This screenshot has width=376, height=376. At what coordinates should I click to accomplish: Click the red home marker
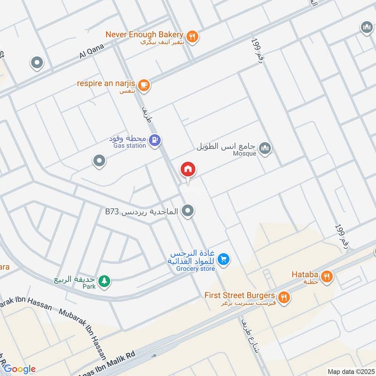[188, 169]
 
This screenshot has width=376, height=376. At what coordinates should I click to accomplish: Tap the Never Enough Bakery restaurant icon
[192, 36]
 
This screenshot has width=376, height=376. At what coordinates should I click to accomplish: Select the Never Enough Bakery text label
[144, 34]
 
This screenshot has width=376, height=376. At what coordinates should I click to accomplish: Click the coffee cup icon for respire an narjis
[144, 85]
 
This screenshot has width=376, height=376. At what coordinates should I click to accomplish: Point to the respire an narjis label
[106, 83]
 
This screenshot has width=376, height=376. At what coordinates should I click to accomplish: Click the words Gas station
[130, 146]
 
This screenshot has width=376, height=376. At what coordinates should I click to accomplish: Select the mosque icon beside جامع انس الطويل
[265, 148]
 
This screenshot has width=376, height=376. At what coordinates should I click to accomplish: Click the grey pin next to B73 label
[188, 211]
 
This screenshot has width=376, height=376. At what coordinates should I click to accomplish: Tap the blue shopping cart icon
[224, 258]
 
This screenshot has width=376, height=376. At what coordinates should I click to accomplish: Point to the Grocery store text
[196, 269]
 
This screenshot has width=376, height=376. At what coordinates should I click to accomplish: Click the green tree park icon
[104, 281]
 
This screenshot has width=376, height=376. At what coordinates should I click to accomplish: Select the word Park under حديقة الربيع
[89, 287]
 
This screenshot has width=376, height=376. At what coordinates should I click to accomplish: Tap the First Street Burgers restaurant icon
[284, 297]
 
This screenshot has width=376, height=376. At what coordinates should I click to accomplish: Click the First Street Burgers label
[239, 296]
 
